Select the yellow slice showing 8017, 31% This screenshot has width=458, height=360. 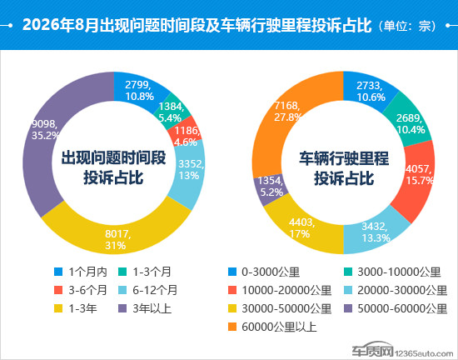click(117, 237)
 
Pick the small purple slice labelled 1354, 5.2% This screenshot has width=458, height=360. click(270, 187)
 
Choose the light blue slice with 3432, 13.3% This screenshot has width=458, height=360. click(376, 232)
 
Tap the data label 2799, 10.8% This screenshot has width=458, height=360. click(138, 91)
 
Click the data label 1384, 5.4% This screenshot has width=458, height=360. click(171, 112)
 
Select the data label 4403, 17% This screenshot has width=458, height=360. click(301, 228)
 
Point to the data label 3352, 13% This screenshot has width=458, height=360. click(191, 169)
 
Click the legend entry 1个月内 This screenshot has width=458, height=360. click(81, 272)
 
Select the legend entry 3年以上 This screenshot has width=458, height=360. click(145, 308)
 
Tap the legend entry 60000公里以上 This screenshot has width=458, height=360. click(272, 327)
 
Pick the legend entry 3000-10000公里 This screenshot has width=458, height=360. click(392, 272)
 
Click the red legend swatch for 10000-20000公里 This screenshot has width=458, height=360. click(232, 290)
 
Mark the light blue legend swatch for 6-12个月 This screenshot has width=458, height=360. click(122, 290)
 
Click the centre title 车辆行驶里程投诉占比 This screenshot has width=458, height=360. click(344, 168)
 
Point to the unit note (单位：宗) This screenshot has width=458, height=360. click(407, 26)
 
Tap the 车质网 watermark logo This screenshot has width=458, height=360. click(372, 349)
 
